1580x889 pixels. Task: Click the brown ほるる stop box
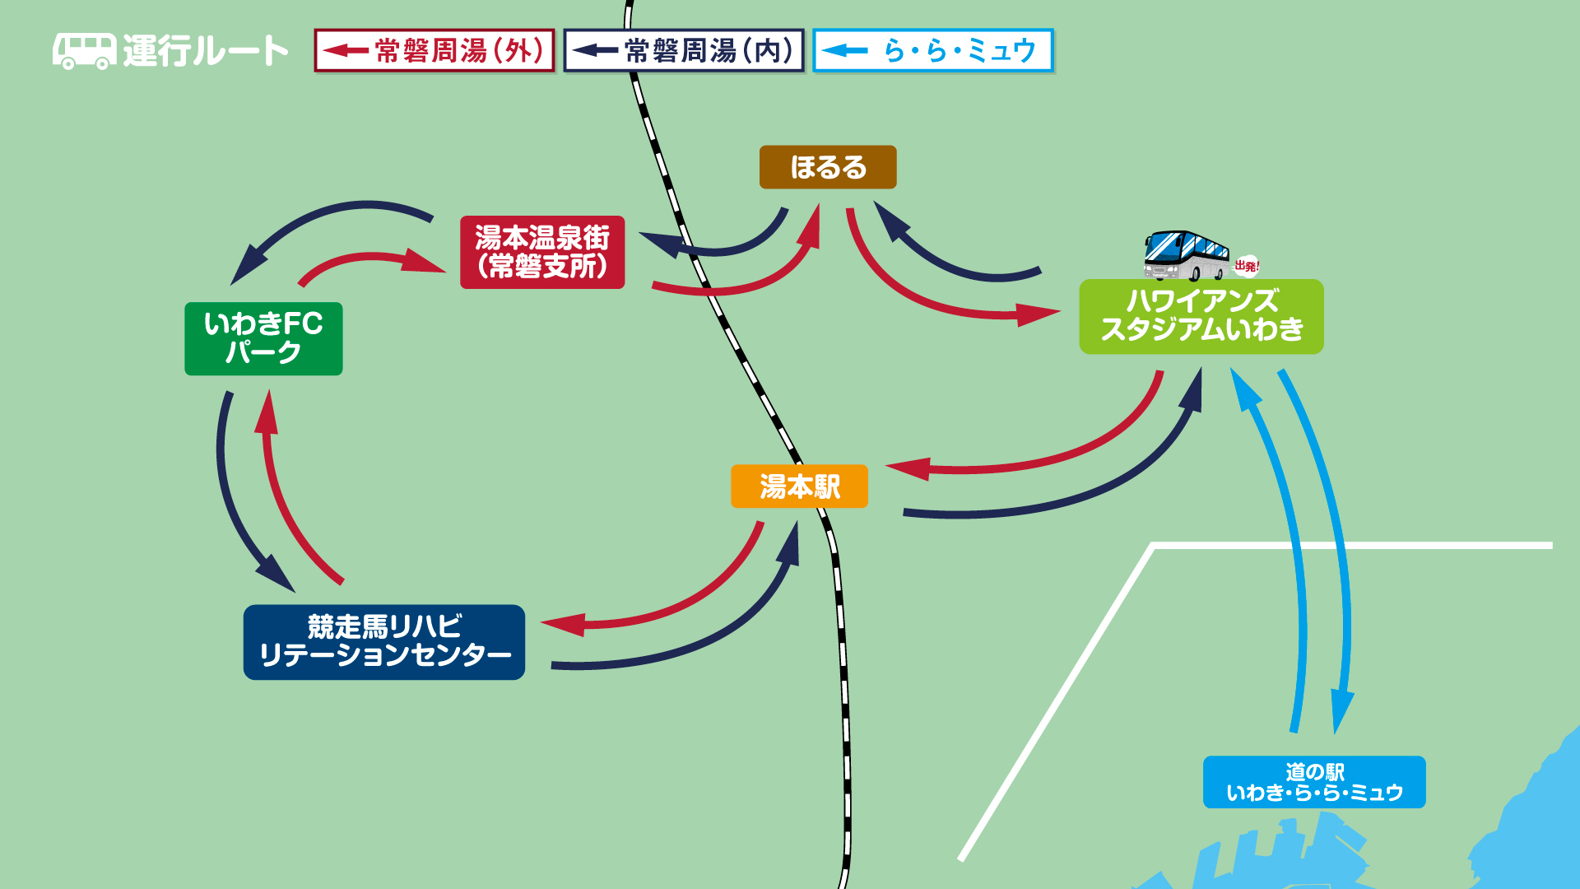pos(828,167)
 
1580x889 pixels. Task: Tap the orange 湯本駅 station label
pos(799,486)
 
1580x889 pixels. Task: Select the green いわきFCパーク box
pos(263,338)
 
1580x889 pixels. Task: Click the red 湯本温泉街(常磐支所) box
pos(542,252)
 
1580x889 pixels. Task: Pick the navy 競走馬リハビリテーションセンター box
pos(384,642)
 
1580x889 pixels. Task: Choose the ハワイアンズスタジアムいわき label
pos(1201,316)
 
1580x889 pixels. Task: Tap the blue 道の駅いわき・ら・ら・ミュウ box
pos(1314,782)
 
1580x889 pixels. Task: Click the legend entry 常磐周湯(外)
pos(434,51)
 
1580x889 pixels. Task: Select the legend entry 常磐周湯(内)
pos(684,51)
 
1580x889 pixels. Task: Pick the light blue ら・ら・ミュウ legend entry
pos(933,51)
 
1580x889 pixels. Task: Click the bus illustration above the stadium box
pos(1186,255)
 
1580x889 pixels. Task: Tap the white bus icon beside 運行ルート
pos(84,51)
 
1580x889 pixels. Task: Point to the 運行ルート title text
pos(206,51)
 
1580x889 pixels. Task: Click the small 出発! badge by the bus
pos(1247,266)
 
